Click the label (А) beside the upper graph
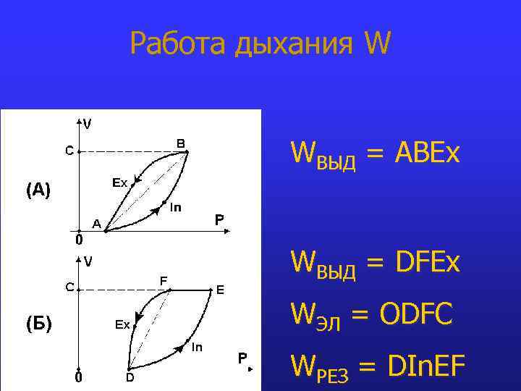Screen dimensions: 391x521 tap(38, 190)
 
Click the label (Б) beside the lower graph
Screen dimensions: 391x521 tap(38, 324)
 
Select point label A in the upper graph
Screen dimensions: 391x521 tap(95, 223)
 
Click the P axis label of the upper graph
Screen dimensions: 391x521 tap(219, 218)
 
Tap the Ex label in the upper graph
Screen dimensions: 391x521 tap(119, 183)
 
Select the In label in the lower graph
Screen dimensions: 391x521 tap(196, 348)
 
